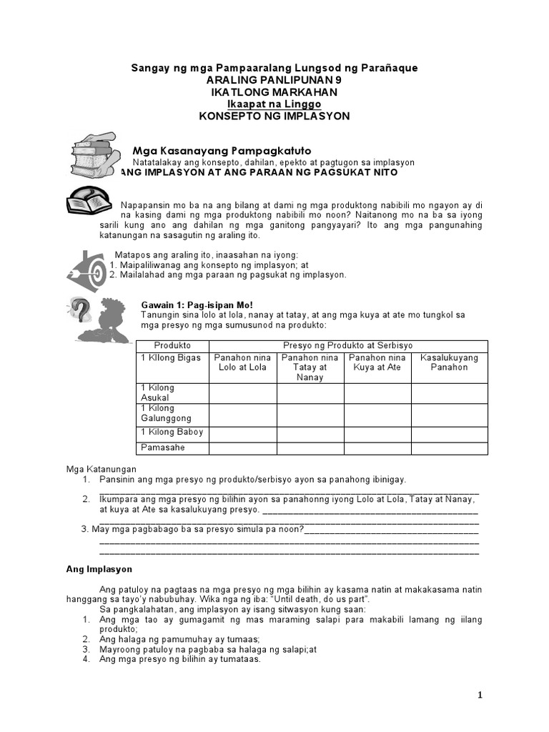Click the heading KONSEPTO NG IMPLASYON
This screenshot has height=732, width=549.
(x=274, y=117)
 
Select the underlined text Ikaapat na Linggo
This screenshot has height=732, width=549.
(x=274, y=104)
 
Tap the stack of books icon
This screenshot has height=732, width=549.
(x=94, y=154)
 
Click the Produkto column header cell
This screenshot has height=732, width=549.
(x=172, y=345)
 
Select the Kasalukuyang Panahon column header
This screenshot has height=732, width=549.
(x=449, y=362)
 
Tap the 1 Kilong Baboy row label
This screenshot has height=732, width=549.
(x=172, y=432)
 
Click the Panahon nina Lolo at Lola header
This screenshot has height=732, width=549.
(x=242, y=362)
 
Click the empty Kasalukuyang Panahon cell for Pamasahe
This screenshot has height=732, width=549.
(x=449, y=448)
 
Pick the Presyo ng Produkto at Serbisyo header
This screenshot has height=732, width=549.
(x=348, y=345)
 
